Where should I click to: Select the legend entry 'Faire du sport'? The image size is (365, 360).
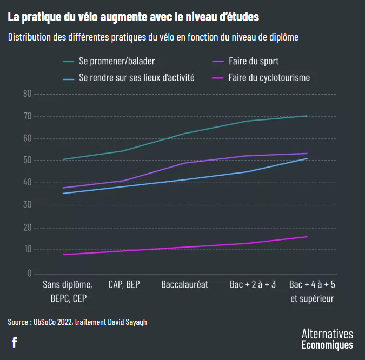coord(253,61)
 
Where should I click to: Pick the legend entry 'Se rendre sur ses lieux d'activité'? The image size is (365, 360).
coord(136,77)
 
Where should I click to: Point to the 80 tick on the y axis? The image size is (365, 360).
coord(28,94)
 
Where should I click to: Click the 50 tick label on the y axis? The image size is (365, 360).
coord(28,161)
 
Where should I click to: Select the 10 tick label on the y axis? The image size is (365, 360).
coord(28,250)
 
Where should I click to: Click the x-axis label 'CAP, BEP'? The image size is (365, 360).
coord(124,284)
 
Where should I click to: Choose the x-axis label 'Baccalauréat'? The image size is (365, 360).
coord(184,284)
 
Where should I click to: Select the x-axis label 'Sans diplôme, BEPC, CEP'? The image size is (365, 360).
coord(64,291)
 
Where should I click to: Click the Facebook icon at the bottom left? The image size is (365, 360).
coord(14,342)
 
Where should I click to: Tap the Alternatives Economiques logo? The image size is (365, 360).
coord(327,339)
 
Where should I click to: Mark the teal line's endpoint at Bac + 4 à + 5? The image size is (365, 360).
coord(307,116)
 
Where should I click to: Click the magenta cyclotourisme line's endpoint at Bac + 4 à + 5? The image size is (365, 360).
coord(307,237)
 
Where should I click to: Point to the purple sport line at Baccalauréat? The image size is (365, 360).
coord(184,163)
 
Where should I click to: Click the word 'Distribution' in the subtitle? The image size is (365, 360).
coord(31,37)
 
